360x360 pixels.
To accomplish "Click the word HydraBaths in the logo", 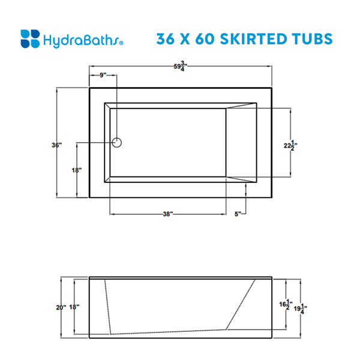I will [82, 41].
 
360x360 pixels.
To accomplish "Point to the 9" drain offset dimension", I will [103, 75].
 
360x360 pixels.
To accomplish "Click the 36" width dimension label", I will [56, 145].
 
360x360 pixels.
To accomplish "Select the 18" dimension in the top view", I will [76, 170].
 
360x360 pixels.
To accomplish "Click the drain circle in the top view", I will [118, 142].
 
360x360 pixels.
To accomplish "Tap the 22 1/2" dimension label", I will [290, 144].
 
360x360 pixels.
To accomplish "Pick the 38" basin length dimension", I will [167, 214].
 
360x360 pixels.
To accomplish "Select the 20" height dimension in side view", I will [61, 307].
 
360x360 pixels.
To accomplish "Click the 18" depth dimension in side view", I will [74, 307].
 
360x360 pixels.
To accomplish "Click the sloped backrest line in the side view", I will [241, 304].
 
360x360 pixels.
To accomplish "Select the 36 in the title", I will [167, 39].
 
